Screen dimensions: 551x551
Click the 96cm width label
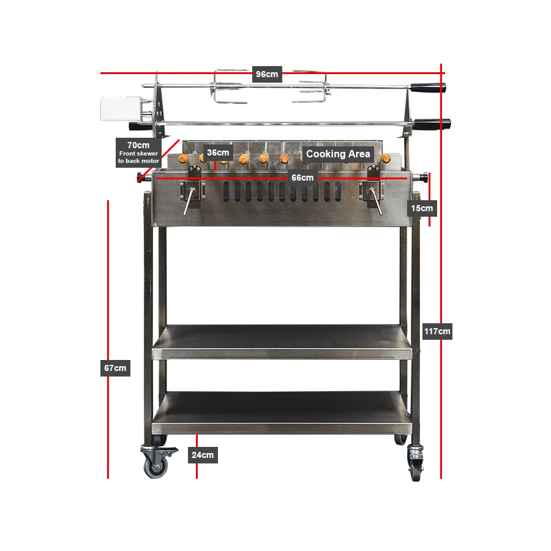(267, 74)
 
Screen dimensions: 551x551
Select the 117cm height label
(437, 331)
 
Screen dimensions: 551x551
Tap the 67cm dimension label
(115, 368)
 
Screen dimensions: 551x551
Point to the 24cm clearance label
(203, 455)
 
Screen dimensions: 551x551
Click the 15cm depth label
(422, 208)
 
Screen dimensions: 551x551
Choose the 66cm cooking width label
(302, 178)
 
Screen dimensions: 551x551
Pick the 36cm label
(218, 152)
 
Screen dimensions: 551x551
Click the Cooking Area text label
(338, 154)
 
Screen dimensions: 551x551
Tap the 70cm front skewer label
(138, 152)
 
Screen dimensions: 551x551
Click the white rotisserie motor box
(121, 109)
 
